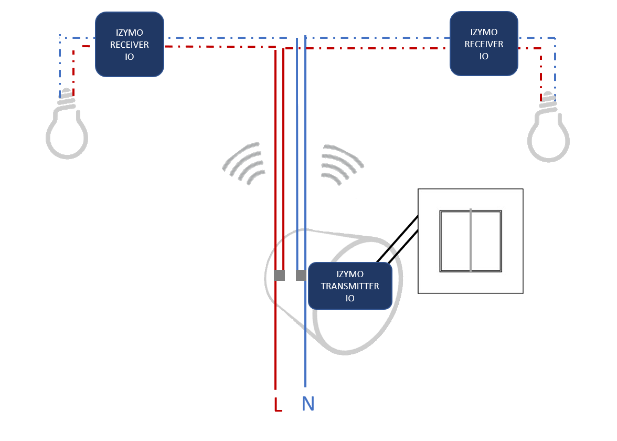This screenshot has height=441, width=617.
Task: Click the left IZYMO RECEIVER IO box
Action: pos(129,45)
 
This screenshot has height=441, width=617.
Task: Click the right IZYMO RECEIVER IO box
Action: pos(484,44)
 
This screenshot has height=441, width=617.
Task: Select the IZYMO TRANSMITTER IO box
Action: pos(350,286)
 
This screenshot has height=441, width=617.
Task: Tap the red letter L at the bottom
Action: pos(278,404)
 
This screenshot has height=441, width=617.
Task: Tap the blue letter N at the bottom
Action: pos(308,404)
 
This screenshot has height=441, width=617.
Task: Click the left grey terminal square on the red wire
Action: pos(280,276)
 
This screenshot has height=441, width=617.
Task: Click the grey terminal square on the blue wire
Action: pos(301,276)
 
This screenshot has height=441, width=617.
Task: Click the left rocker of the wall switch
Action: pos(455,241)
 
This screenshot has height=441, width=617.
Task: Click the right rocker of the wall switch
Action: pos(486,241)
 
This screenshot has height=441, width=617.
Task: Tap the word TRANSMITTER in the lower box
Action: pos(350,286)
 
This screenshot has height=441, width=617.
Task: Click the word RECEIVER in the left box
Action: pos(129,45)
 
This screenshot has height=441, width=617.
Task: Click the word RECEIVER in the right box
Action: pos(484,44)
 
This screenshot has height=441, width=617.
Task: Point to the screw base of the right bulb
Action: pos(548,101)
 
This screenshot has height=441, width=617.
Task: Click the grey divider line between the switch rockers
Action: pos(471,241)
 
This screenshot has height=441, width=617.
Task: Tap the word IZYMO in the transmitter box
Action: pos(350,274)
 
